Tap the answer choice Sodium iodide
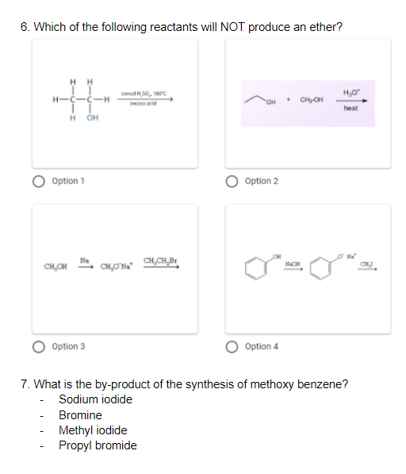pyautogui.click(x=95, y=399)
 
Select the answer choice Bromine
pyautogui.click(x=80, y=415)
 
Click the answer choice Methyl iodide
pyautogui.click(x=93, y=430)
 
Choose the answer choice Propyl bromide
pyautogui.click(x=98, y=445)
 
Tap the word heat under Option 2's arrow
pyautogui.click(x=351, y=109)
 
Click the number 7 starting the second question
pyautogui.click(x=25, y=385)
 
